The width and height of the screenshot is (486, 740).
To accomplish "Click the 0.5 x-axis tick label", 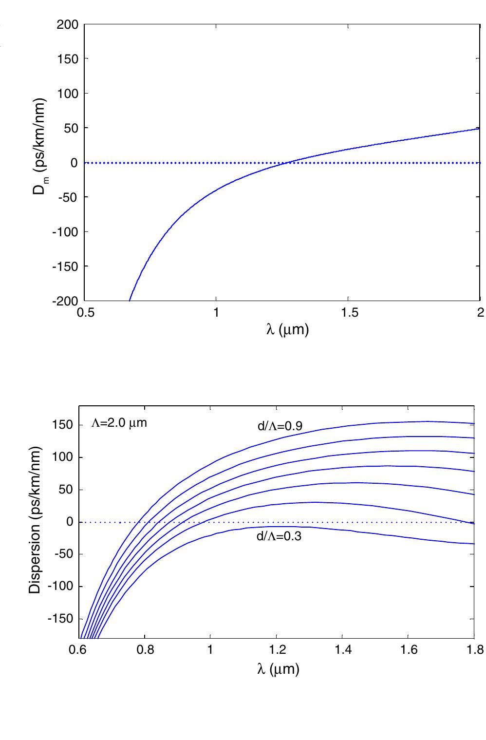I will (85, 312).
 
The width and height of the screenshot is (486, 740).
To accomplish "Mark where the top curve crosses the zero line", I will (287, 163).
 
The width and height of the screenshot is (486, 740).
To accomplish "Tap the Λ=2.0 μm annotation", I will (119, 423).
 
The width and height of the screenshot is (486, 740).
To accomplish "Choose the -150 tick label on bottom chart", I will (61, 619).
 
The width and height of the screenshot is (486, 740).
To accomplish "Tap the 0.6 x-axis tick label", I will (78, 650).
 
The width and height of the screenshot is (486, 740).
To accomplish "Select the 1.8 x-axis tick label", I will (474, 650).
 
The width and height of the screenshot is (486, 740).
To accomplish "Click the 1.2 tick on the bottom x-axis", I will (276, 650).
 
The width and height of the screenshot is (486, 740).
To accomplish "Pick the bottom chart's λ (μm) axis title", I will (278, 668).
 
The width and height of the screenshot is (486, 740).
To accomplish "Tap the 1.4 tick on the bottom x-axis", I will (342, 650).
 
